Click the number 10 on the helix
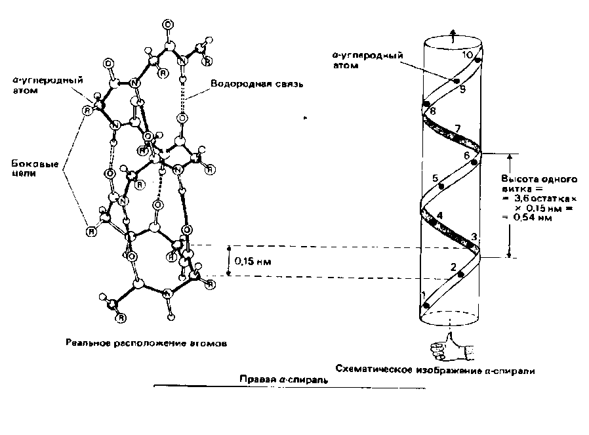pyautogui.click(x=468, y=55)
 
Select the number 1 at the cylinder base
pyautogui.click(x=423, y=295)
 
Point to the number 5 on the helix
pyautogui.click(x=436, y=178)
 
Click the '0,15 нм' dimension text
pyautogui.click(x=253, y=261)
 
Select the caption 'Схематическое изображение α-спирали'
pyautogui.click(x=434, y=371)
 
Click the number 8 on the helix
pyautogui.click(x=432, y=111)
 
